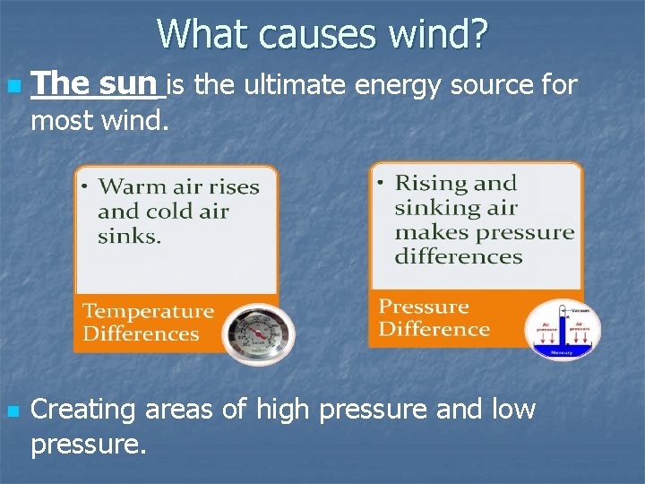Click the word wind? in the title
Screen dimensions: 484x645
click(439, 34)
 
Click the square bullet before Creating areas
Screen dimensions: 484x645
click(12, 412)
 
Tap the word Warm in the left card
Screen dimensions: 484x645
click(124, 187)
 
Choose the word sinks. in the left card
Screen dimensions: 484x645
click(130, 237)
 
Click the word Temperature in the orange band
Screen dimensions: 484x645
click(148, 312)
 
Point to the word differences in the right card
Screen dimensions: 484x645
click(459, 257)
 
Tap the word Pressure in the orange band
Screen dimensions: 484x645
click(424, 307)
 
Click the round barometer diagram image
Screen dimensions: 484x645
click(562, 329)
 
